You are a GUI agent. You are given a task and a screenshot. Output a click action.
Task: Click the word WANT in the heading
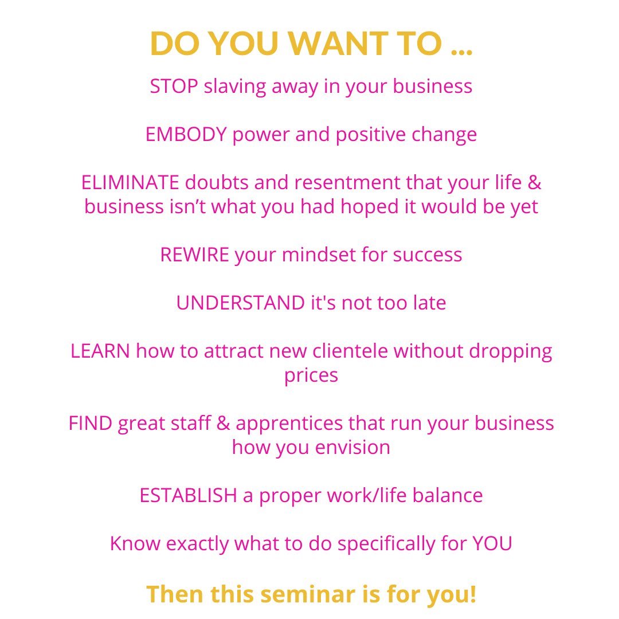338,44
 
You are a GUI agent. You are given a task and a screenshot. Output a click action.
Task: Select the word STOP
174,86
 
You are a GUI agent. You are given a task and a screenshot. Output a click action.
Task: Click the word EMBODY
186,134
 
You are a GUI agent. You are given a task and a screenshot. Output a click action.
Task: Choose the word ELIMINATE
130,182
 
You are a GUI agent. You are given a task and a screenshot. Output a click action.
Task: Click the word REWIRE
195,254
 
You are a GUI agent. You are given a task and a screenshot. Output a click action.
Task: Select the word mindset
319,254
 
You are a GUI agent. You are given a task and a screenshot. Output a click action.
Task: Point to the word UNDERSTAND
240,303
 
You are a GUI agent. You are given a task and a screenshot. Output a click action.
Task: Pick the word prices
311,376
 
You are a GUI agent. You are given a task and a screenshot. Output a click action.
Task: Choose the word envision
352,447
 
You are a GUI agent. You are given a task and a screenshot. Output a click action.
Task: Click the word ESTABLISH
188,495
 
